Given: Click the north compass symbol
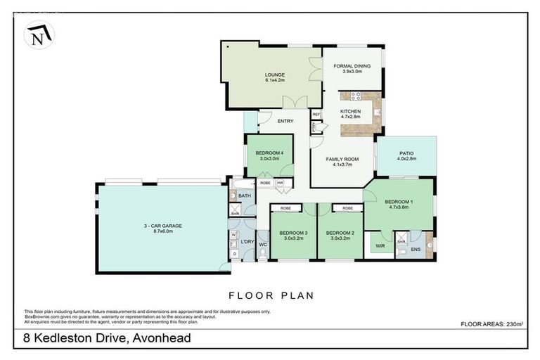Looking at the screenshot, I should coord(39,34).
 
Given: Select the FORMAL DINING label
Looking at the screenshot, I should coord(352,68).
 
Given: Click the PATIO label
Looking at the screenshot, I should coord(407,156).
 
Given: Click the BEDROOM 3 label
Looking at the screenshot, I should coord(292,235).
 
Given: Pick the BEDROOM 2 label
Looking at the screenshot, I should coord(340,235).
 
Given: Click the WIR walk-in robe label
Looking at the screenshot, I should coord(380,247).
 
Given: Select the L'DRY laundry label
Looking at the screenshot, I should coord(247,242).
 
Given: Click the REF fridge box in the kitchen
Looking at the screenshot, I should coord(316,115).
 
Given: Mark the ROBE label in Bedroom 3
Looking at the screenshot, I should coord(286,209).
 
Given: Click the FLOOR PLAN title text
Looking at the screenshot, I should coord(269,295).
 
